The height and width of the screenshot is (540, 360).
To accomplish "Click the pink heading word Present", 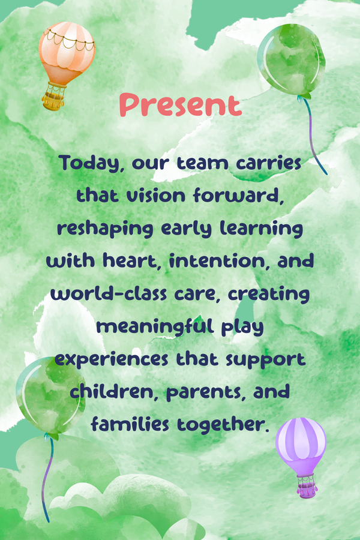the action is pyautogui.click(x=181, y=104).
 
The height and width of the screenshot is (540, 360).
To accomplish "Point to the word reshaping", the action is pyautogui.click(x=105, y=229).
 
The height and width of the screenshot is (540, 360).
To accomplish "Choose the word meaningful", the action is pyautogui.click(x=155, y=326).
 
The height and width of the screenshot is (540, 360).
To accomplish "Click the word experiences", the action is pyautogui.click(x=111, y=359).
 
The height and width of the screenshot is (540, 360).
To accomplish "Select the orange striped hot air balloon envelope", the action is pyautogui.click(x=67, y=52).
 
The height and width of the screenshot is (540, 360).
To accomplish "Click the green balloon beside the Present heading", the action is pyautogui.click(x=292, y=59).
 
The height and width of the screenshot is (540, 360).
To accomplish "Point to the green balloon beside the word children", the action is pyautogui.click(x=50, y=396).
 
